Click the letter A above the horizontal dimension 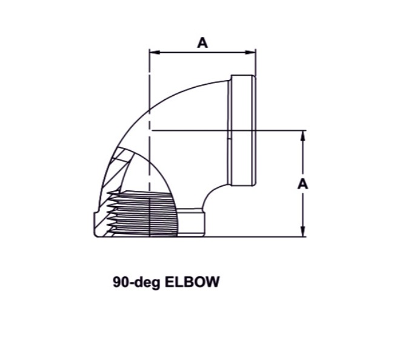click(202, 42)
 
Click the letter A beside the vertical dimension click(303, 184)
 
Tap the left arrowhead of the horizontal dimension click(155, 52)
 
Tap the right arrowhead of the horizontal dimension click(251, 52)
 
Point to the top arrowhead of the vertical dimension click(303, 136)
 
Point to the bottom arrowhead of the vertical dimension click(303, 231)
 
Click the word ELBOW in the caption click(192, 282)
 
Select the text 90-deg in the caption click(136, 282)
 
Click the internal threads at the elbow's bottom click(144, 214)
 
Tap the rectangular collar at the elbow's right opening click(242, 130)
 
